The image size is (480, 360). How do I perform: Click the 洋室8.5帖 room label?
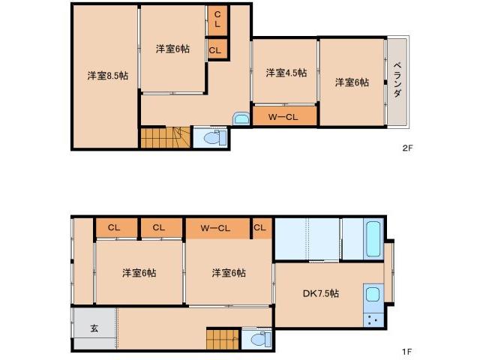pyautogui.click(x=106, y=75)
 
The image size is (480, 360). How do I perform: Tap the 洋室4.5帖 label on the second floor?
pyautogui.click(x=286, y=73)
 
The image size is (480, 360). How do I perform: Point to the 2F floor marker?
pyautogui.click(x=407, y=148)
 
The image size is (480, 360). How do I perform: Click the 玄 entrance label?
pyautogui.click(x=94, y=328)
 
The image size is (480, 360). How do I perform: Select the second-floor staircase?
pyautogui.click(x=166, y=137)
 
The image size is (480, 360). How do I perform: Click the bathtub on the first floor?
pyautogui.click(x=373, y=238)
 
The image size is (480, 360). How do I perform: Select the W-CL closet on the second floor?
pyautogui.click(x=285, y=117)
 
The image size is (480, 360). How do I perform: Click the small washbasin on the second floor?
pyautogui.click(x=241, y=118)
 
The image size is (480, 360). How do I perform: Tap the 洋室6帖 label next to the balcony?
pyautogui.click(x=352, y=82)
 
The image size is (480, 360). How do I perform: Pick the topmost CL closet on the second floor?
pyautogui.click(x=217, y=18)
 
